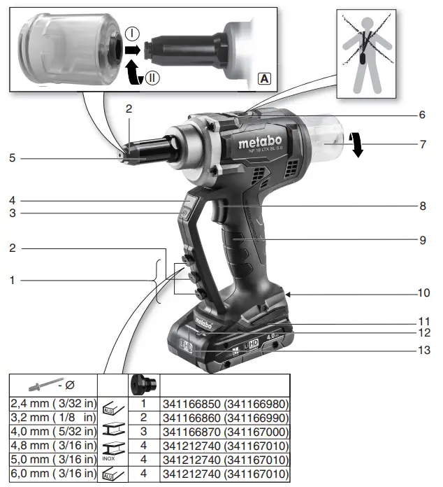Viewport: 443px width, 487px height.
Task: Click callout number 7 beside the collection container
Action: tap(423, 145)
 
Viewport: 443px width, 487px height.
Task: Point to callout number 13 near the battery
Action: tap(423, 349)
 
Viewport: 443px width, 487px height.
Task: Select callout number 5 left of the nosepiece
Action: tap(13, 159)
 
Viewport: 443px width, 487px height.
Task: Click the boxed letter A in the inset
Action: tap(263, 78)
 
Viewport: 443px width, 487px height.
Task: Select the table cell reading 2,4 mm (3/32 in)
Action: tap(52, 404)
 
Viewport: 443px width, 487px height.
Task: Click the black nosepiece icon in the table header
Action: tap(142, 384)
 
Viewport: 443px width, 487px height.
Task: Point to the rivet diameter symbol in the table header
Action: tap(52, 384)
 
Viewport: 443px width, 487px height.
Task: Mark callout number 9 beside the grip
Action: tap(423, 240)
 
